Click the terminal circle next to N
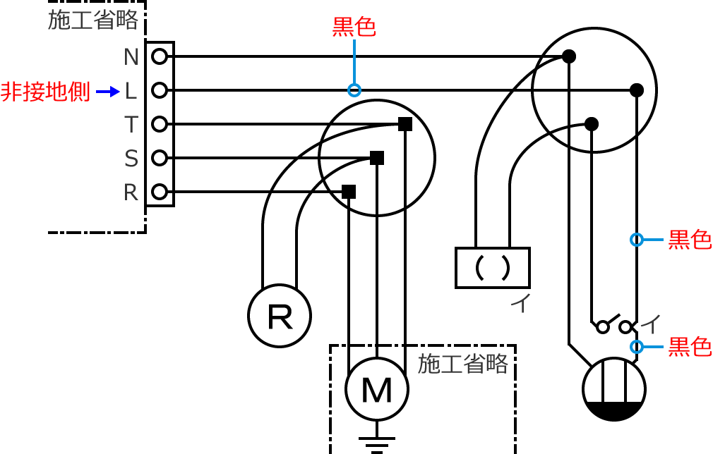click(160, 56)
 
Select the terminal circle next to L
click(160, 90)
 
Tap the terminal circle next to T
click(160, 124)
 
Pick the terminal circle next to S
click(160, 158)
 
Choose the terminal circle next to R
click(160, 192)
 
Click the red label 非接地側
click(46, 92)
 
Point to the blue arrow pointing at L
click(108, 91)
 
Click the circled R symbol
click(280, 317)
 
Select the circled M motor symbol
click(377, 389)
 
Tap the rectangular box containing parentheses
click(493, 267)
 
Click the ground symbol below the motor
click(377, 443)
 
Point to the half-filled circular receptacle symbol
click(614, 389)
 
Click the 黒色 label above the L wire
click(354, 27)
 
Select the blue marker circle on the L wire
click(354, 90)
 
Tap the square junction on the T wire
click(405, 124)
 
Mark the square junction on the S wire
click(377, 158)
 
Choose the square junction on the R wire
click(349, 192)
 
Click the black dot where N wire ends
click(568, 56)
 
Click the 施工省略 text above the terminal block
click(93, 20)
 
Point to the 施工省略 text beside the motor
click(463, 364)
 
